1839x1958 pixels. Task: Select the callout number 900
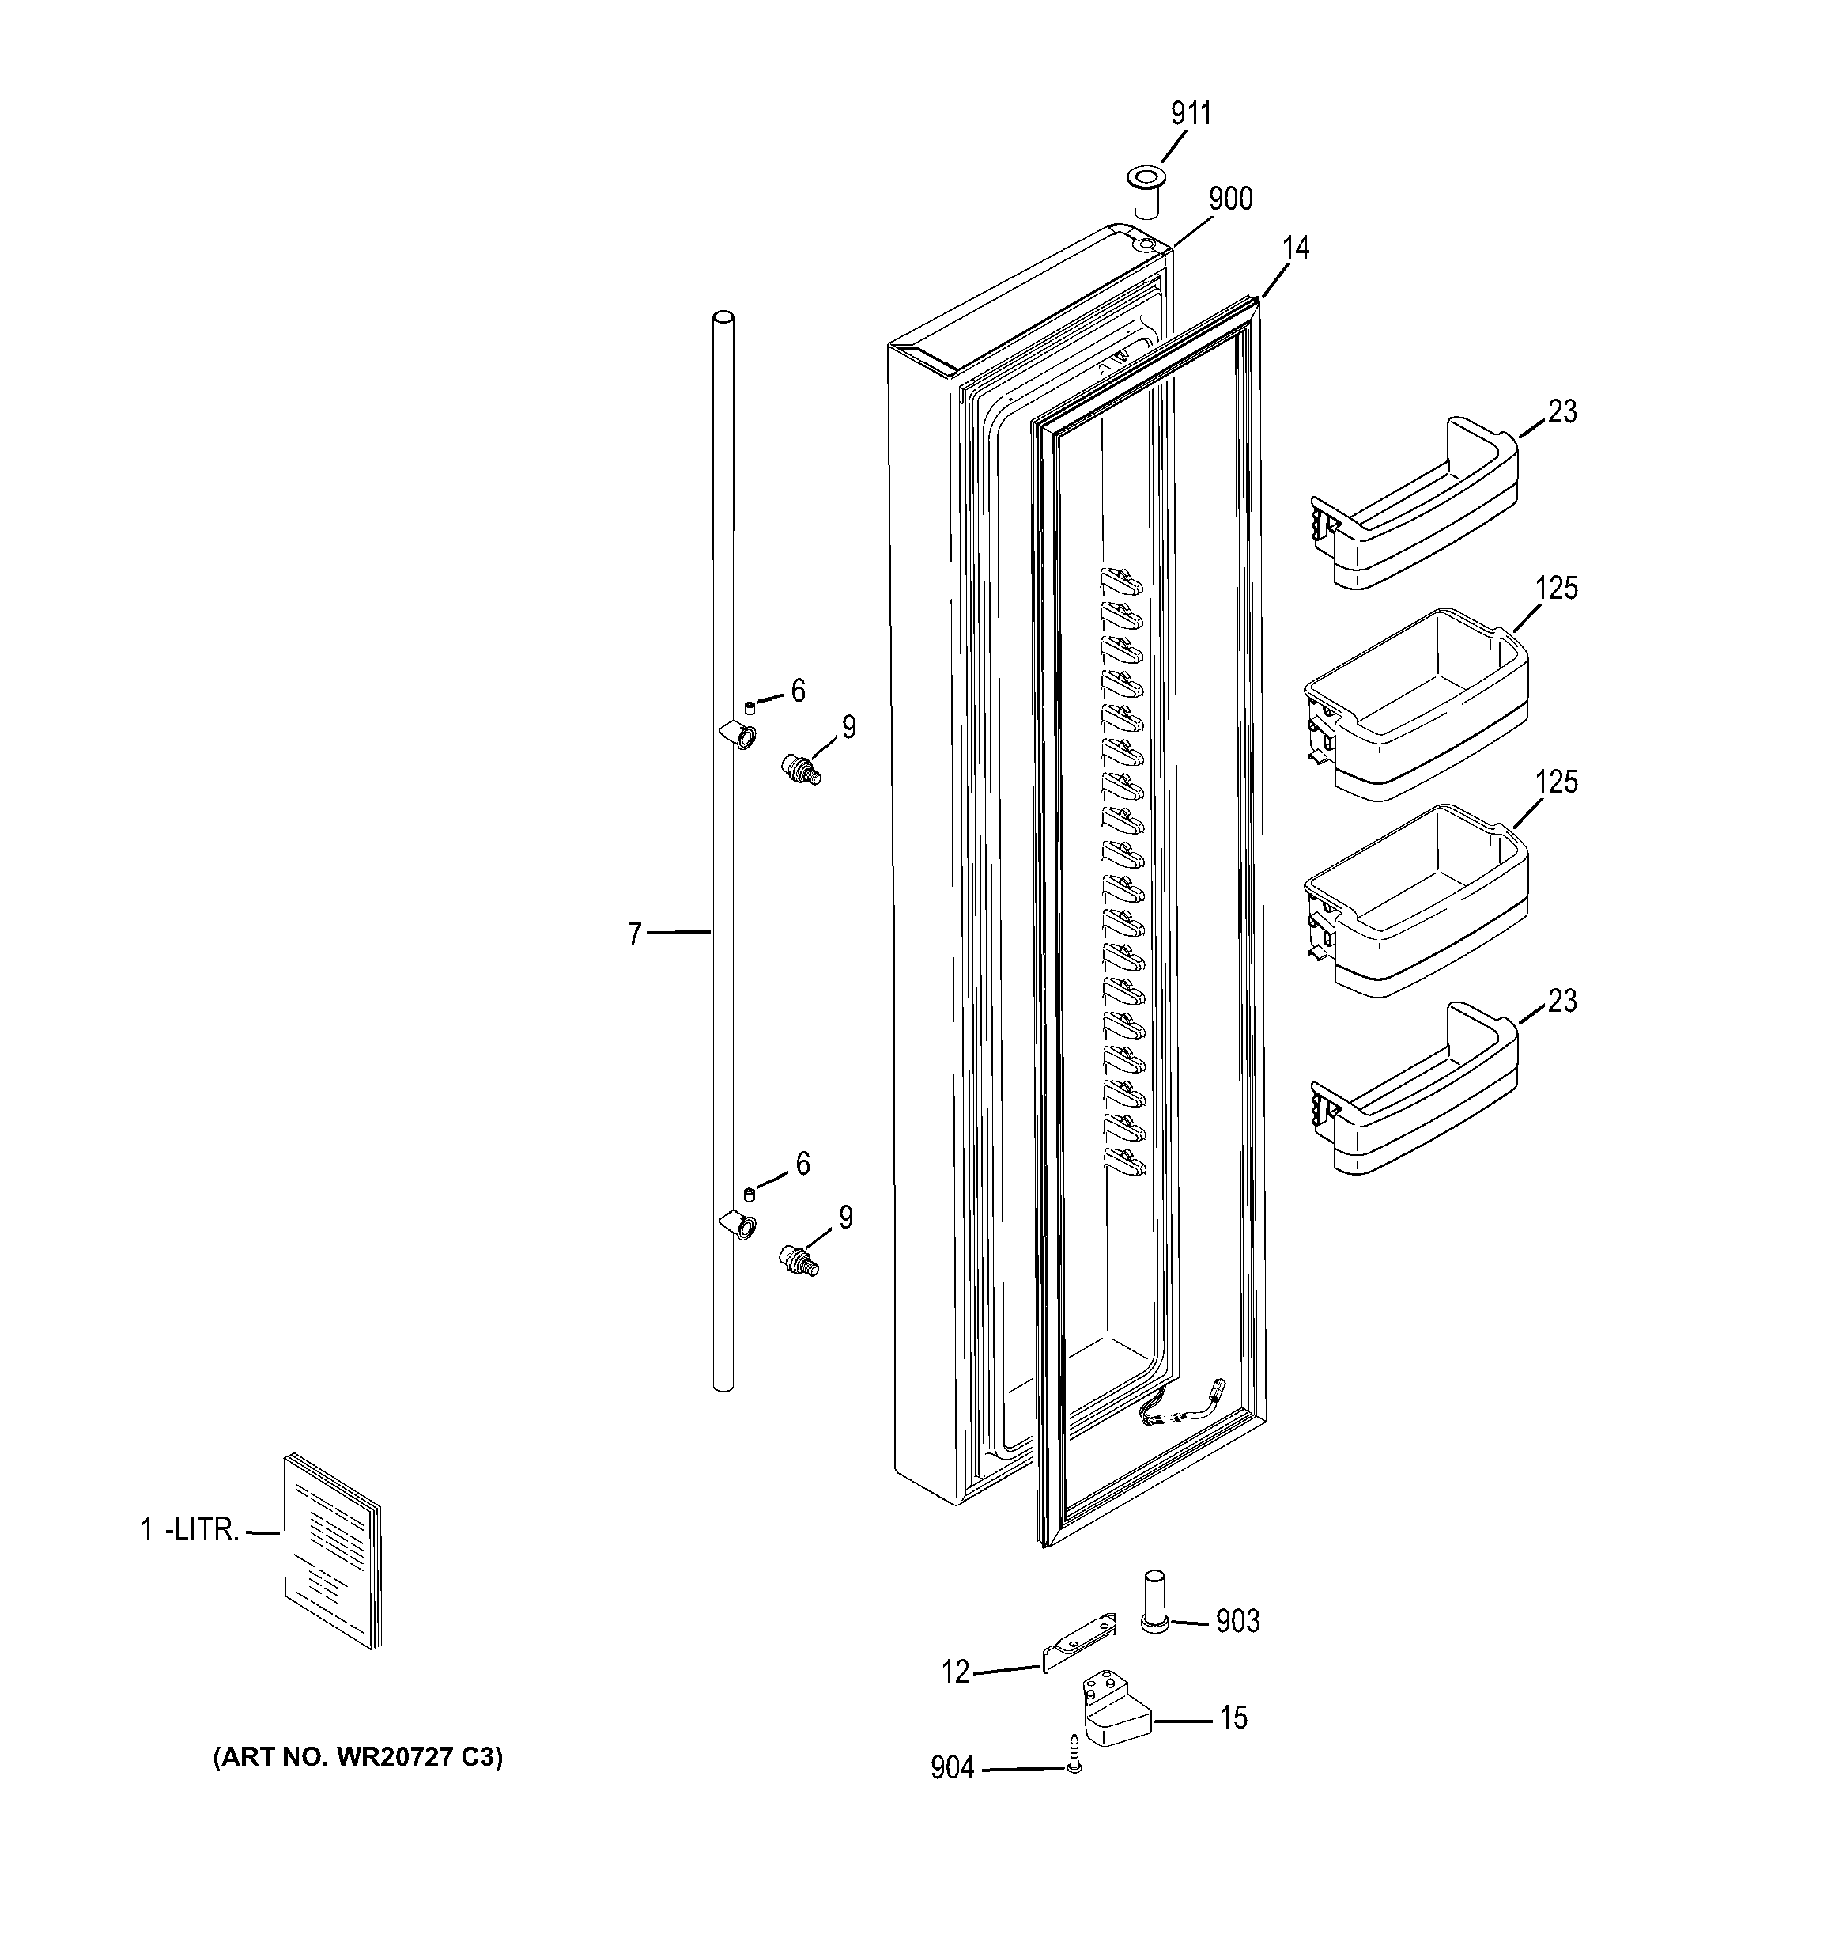pos(1230,199)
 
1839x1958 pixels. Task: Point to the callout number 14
pos(1296,248)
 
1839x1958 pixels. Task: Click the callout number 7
pos(635,934)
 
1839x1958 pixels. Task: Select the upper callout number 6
pos(798,691)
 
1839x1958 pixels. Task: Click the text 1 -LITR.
pos(189,1531)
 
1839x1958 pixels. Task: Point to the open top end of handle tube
pos(723,319)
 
